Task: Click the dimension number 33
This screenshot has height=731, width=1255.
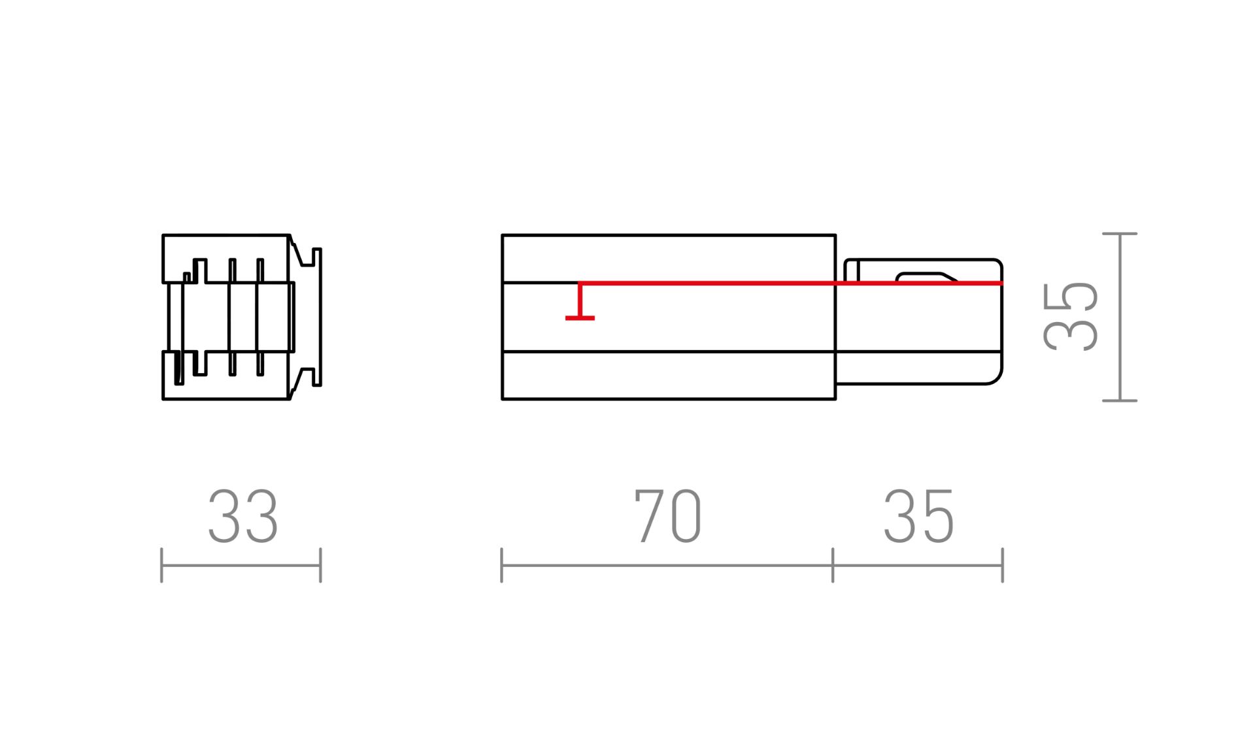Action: (243, 517)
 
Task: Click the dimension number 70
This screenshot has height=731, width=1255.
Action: (668, 516)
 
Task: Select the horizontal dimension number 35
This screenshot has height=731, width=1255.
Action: (918, 517)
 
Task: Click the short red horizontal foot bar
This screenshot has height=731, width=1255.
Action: (580, 318)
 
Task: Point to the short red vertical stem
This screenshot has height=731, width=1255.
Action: (580, 301)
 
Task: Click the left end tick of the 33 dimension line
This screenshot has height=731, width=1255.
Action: (161, 565)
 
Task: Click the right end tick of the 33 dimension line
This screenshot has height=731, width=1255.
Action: (320, 565)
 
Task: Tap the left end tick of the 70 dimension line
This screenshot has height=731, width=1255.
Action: (501, 565)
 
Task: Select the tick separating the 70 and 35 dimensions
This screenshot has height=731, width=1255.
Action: (833, 565)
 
